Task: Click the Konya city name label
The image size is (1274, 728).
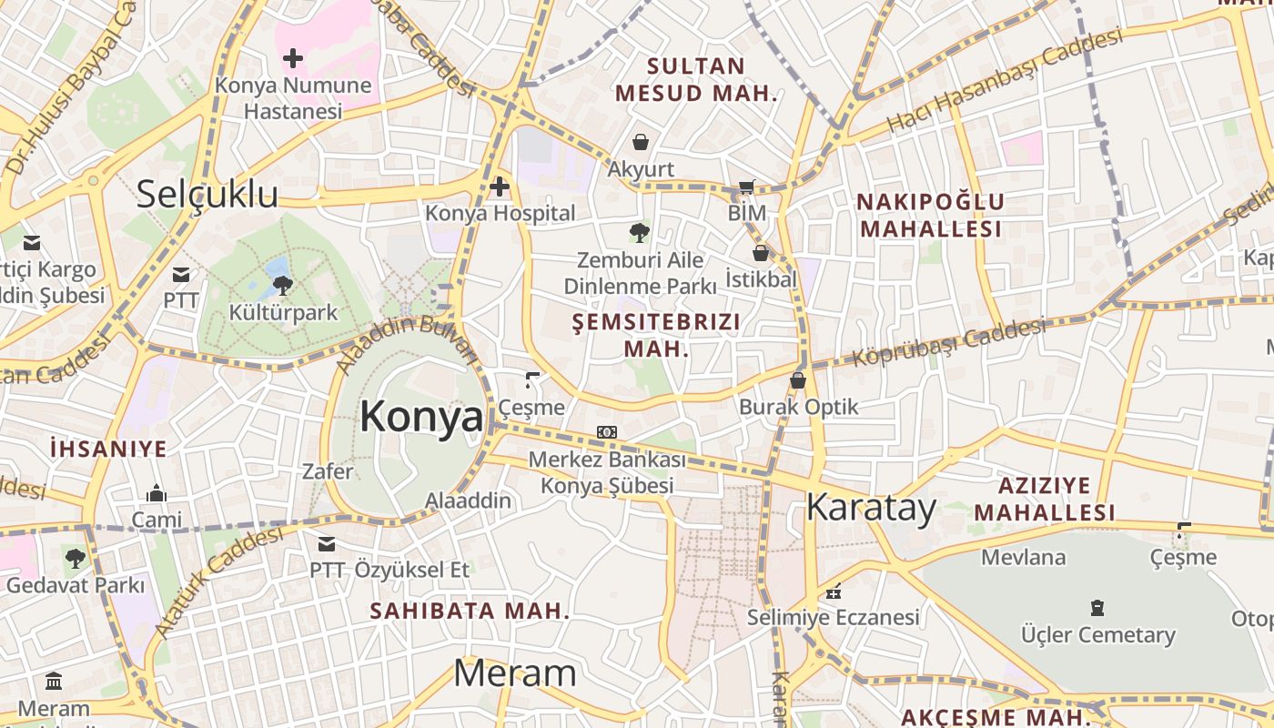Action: tap(421, 417)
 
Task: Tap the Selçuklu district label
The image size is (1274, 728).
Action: tap(207, 195)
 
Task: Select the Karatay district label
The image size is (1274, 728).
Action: tap(871, 507)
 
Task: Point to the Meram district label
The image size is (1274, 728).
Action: tap(514, 673)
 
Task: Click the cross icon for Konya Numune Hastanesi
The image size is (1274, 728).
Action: tap(293, 59)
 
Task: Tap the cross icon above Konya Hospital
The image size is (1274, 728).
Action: tap(500, 187)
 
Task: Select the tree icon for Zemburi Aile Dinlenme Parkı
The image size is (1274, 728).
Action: tap(640, 233)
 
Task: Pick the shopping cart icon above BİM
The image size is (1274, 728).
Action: tap(746, 187)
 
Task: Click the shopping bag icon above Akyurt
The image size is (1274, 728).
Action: tap(641, 142)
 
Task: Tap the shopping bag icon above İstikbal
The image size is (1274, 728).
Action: tap(761, 253)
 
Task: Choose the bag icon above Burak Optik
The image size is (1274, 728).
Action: tap(798, 380)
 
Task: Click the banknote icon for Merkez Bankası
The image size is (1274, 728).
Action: tap(607, 432)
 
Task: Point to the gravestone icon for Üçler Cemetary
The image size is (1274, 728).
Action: tap(1097, 608)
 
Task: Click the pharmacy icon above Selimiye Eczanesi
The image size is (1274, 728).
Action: tap(833, 591)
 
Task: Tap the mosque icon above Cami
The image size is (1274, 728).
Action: tap(157, 493)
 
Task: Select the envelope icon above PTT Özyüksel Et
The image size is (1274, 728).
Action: tap(326, 544)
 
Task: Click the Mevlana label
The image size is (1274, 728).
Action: tap(1023, 557)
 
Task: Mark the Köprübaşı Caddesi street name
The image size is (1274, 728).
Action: tap(948, 342)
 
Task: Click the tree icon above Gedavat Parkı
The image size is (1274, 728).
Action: tap(75, 558)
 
